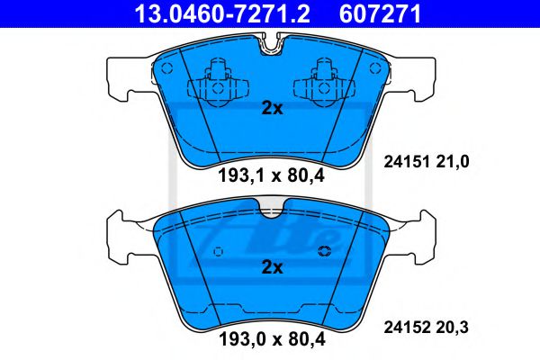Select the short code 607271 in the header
(x=380, y=13)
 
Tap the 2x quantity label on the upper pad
(x=272, y=109)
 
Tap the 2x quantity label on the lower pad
(x=272, y=267)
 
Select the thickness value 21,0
(x=455, y=162)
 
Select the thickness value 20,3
(x=455, y=328)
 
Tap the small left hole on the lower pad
(x=213, y=251)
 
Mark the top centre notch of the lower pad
(x=271, y=211)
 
